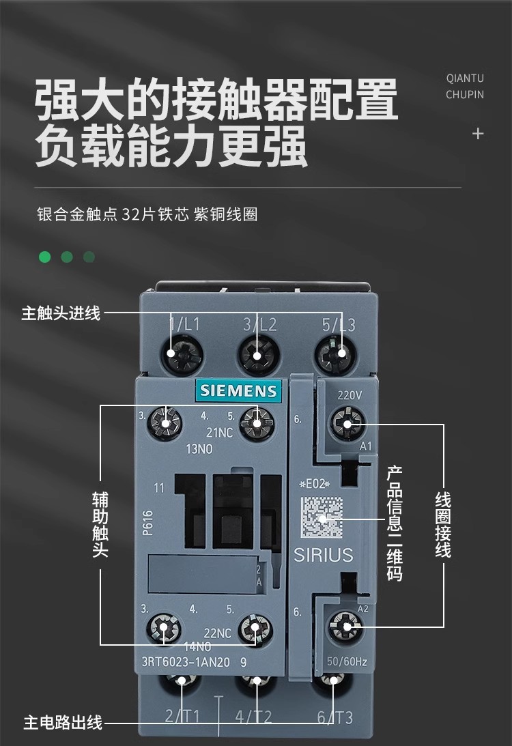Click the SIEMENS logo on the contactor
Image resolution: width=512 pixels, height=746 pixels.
pyautogui.click(x=239, y=390)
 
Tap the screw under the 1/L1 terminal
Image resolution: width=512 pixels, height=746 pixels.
pyautogui.click(x=182, y=354)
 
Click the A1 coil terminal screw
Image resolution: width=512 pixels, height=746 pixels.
pyautogui.click(x=346, y=425)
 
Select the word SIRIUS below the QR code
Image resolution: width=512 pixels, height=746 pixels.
pyautogui.click(x=324, y=555)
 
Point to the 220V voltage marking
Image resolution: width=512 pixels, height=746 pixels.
pyautogui.click(x=350, y=395)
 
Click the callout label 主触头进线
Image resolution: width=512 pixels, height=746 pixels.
pyautogui.click(x=61, y=313)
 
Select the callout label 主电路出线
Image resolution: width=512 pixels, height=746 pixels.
pyautogui.click(x=63, y=722)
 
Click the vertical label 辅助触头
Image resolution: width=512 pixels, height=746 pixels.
pyautogui.click(x=100, y=523)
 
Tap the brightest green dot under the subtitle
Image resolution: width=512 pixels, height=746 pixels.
pyautogui.click(x=45, y=257)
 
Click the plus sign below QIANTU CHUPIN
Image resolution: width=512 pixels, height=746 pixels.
pyautogui.click(x=478, y=134)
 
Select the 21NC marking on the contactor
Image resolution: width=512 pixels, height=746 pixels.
pyautogui.click(x=219, y=433)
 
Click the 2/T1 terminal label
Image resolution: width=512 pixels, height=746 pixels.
pyautogui.click(x=182, y=717)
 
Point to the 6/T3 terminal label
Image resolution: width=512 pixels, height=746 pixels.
pyautogui.click(x=335, y=717)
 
